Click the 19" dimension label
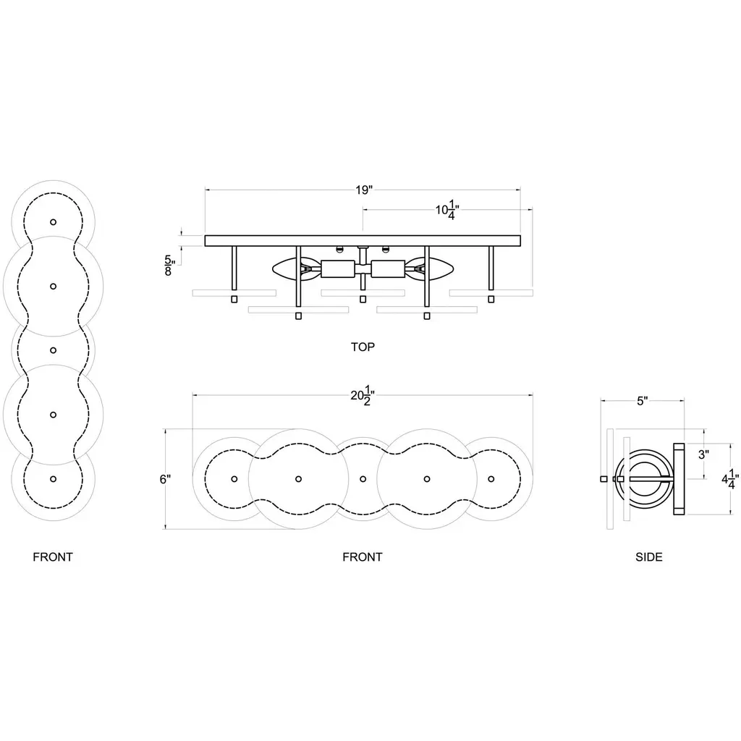[364, 190]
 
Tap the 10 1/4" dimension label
[447, 210]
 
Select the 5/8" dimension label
[169, 266]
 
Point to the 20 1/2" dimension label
[363, 396]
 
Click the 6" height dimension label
[165, 479]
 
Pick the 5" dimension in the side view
[642, 401]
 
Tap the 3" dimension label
[703, 454]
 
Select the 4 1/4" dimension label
[729, 479]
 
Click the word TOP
[363, 347]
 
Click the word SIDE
[649, 557]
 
